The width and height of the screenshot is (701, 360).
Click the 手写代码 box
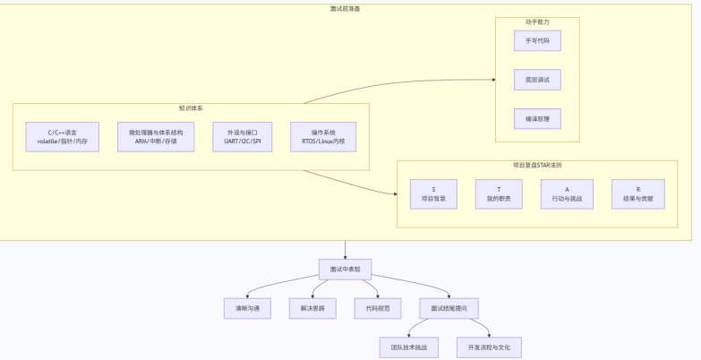[537, 41]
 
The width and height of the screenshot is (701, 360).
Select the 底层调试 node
[537, 81]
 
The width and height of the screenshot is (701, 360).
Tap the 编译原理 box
[537, 119]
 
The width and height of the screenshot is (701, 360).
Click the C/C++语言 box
[63, 137]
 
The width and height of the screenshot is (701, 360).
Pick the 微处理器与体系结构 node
[155, 137]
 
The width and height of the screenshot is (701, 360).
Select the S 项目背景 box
[433, 194]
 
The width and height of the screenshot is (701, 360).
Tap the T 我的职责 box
[499, 194]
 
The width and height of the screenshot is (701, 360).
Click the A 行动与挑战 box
[567, 194]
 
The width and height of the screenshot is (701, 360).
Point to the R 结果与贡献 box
[637, 194]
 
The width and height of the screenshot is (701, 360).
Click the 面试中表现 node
[345, 270]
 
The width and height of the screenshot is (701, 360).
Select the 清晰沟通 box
[247, 308]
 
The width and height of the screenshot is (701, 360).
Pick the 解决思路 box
[312, 308]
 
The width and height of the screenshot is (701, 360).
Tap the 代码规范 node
[378, 308]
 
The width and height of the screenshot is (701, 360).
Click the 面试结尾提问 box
[449, 308]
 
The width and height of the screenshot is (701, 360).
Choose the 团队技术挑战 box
[409, 347]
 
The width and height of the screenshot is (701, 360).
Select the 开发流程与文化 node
[488, 347]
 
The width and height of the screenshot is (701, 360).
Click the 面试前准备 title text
[346, 8]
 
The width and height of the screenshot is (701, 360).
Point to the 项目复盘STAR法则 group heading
[537, 166]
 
